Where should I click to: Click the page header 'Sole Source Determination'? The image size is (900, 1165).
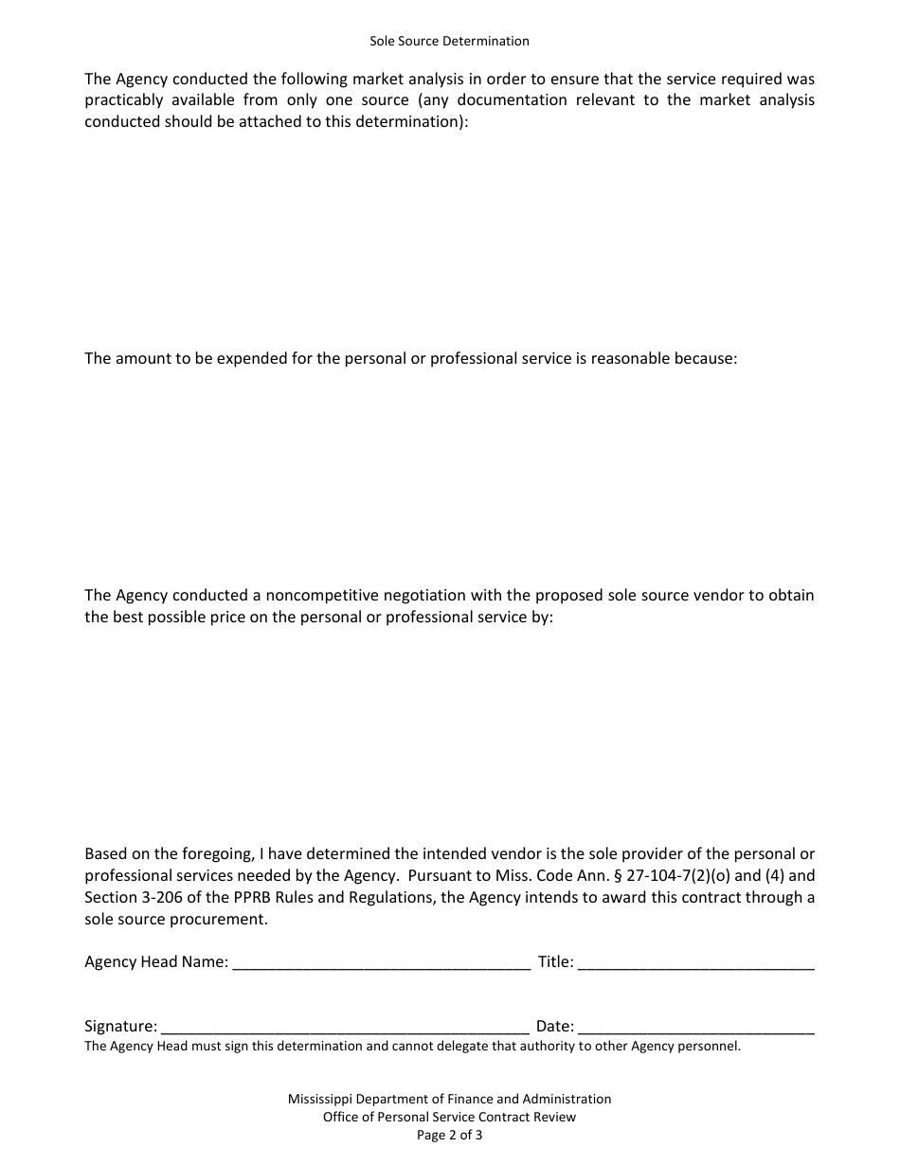coord(449,41)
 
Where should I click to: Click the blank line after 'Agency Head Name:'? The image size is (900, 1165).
coord(381,963)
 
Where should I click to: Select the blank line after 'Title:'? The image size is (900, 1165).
coord(695,963)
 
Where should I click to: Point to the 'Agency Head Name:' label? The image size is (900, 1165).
coord(156,962)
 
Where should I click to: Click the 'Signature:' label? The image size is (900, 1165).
coord(120,1026)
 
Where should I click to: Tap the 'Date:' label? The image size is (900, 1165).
coord(554,1026)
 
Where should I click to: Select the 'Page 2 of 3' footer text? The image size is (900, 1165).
coord(449,1135)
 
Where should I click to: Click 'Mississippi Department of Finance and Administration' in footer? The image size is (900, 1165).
coord(449,1099)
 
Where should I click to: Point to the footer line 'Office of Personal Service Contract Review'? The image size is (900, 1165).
coord(449,1117)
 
